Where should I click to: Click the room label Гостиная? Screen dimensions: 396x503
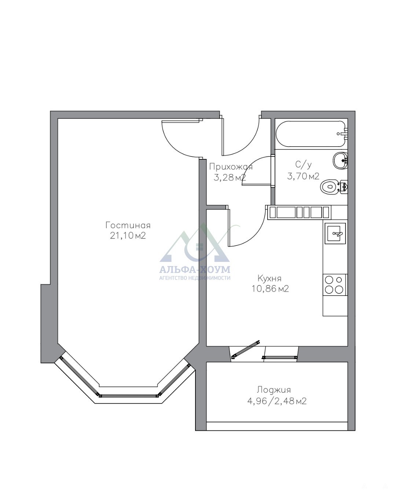point(128,226)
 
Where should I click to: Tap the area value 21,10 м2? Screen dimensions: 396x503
point(128,236)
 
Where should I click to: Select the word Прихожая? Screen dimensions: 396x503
point(231,167)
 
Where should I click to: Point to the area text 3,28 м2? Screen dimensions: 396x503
point(230,178)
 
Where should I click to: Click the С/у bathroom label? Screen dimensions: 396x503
point(303,165)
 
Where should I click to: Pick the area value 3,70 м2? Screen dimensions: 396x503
point(303,176)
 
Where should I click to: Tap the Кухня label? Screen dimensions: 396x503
point(269,278)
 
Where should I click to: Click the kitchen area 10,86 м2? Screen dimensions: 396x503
point(270,289)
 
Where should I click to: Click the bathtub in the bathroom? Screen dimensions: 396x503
point(311,134)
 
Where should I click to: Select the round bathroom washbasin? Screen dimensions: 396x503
point(340,160)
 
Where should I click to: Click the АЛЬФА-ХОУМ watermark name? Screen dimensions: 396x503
point(195,270)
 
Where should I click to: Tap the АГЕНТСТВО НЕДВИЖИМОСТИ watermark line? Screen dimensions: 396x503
point(195,278)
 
